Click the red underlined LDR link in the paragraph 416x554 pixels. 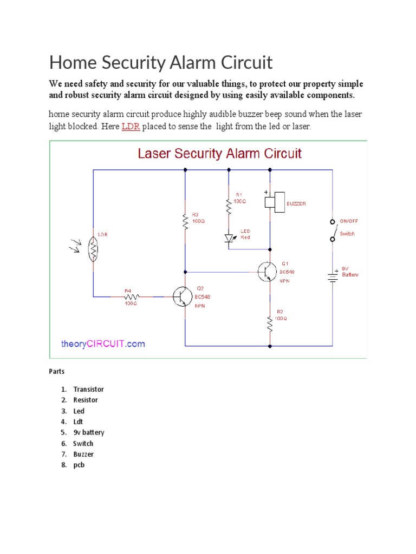click(131, 127)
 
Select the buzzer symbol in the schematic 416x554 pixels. click(275, 201)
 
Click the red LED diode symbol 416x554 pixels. click(229, 238)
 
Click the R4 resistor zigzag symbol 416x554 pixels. click(132, 296)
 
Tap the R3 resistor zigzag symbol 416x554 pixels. click(185, 221)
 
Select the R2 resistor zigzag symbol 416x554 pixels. click(270, 324)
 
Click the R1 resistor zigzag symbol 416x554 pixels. click(229, 206)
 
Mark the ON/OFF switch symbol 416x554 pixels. click(332, 230)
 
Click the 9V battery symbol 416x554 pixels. click(331, 276)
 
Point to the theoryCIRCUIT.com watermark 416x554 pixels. click(102, 344)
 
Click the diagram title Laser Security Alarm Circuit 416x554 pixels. click(219, 153)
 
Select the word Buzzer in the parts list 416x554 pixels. click(83, 454)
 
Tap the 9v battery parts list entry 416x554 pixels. click(89, 433)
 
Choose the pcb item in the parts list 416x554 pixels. click(79, 465)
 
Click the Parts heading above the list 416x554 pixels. click(57, 372)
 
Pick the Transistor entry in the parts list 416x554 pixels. click(88, 390)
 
